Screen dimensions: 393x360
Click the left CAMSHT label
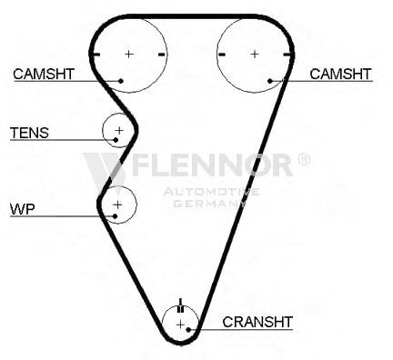click(44, 74)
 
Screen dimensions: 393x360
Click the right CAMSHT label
click(340, 74)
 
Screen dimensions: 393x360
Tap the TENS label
click(29, 133)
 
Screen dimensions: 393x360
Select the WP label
click(23, 209)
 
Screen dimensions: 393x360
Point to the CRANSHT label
click(257, 322)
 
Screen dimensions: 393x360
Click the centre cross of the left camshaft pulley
click(129, 55)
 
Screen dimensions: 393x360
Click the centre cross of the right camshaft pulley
click(255, 55)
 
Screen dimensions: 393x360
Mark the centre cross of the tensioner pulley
click(119, 130)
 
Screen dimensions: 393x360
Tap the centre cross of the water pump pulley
click(117, 205)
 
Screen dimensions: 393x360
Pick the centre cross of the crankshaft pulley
click(180, 325)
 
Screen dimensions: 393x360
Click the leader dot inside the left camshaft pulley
click(121, 81)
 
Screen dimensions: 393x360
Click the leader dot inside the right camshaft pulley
click(270, 81)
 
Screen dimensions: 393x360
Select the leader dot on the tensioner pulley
click(116, 140)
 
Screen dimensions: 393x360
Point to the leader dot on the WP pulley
click(115, 216)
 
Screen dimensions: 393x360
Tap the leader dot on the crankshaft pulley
click(188, 329)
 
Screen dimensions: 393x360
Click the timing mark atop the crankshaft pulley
click(181, 305)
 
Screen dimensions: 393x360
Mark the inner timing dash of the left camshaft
click(162, 55)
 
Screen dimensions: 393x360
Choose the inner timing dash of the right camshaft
click(222, 55)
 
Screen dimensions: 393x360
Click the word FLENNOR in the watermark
click(212, 165)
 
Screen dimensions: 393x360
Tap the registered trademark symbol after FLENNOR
click(304, 159)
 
